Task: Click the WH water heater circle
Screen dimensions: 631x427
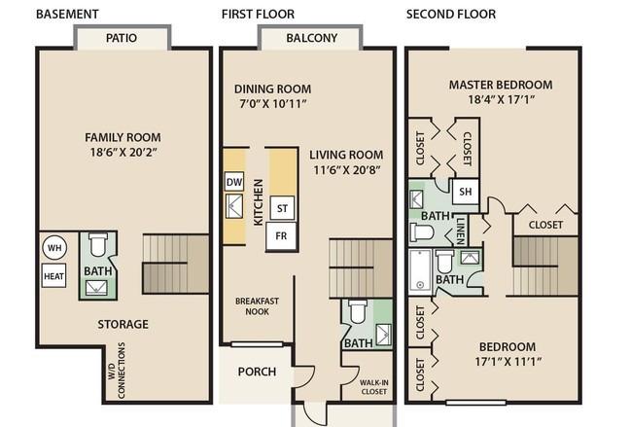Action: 54,247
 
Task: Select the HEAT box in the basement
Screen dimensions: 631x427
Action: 53,275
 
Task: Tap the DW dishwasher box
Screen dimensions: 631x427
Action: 233,182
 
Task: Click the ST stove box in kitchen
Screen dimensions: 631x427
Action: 282,208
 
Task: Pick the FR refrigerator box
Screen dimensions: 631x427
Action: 282,235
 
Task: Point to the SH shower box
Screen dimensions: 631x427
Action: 465,192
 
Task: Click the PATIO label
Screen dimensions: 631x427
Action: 122,38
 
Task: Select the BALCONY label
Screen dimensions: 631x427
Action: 311,38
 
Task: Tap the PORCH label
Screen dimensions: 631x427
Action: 257,371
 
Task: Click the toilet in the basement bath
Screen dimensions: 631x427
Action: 98,245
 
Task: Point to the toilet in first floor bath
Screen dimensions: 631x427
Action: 358,311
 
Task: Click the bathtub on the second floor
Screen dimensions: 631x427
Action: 420,270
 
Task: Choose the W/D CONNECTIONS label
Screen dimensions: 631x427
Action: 117,371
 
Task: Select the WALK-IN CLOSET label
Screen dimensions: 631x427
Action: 374,387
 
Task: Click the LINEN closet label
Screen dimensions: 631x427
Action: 461,231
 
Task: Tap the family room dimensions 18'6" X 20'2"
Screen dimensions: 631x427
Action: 123,152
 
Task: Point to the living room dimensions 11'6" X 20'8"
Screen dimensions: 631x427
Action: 347,170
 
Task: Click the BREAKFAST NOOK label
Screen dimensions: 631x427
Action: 257,306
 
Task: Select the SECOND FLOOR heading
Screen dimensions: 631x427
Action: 451,14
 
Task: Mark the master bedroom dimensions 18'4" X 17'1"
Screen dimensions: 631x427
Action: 501,99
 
